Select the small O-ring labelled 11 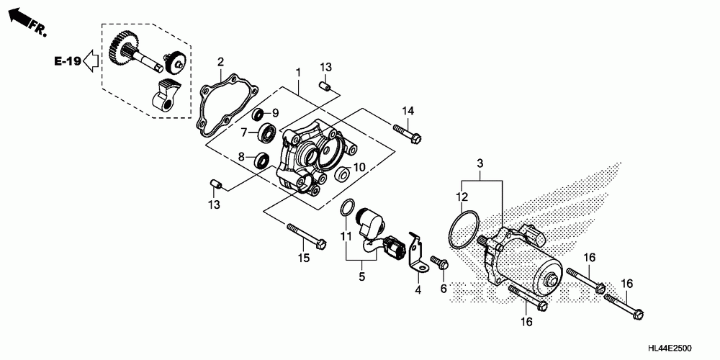[x=347, y=208]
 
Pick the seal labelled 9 [x=258, y=113]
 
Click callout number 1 [x=297, y=73]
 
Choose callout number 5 [x=363, y=275]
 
